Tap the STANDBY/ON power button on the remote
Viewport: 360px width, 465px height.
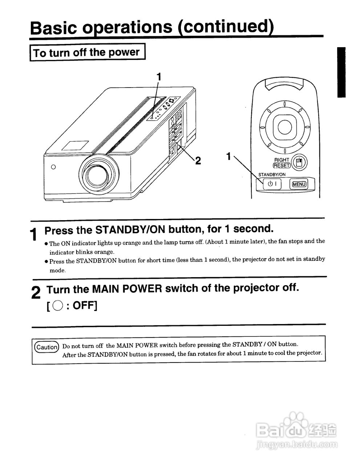click(x=272, y=184)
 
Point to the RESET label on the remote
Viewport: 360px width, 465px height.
click(x=282, y=166)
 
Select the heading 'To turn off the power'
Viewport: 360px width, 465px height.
click(x=87, y=52)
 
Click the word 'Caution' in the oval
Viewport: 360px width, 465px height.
click(x=46, y=347)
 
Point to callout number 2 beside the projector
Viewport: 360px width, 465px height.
click(x=198, y=160)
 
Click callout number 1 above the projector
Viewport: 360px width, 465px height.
click(x=158, y=76)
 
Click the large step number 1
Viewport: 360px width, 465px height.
click(x=34, y=234)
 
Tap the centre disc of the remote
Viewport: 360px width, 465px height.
click(x=284, y=127)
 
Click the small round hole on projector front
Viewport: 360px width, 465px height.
click(x=53, y=167)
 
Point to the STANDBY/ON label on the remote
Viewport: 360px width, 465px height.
click(x=272, y=175)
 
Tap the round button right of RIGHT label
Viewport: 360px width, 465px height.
click(x=299, y=162)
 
